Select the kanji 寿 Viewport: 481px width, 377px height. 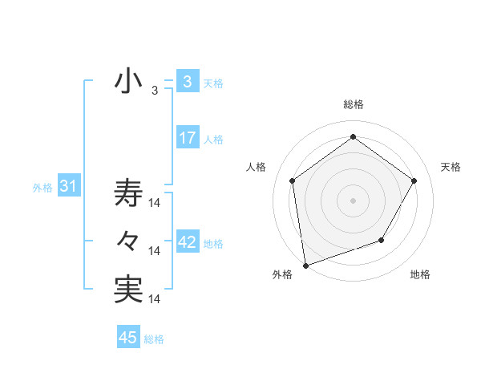(x=128, y=194)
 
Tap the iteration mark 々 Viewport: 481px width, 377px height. (x=128, y=241)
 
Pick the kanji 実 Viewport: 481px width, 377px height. (x=128, y=289)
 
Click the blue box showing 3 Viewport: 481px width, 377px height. (x=187, y=82)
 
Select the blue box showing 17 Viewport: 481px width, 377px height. (x=187, y=138)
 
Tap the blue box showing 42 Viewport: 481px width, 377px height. (x=187, y=242)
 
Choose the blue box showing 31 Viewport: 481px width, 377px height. (x=68, y=187)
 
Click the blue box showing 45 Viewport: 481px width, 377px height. (x=127, y=338)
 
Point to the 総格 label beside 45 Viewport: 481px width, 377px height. (x=154, y=339)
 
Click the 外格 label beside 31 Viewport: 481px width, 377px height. (x=42, y=188)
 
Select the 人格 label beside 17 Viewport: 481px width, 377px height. (x=213, y=140)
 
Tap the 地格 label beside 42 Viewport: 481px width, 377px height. (x=213, y=244)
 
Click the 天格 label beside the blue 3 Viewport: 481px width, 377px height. (x=213, y=83)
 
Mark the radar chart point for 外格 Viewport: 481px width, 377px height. (x=305, y=265)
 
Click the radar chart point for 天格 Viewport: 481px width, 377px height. (x=414, y=180)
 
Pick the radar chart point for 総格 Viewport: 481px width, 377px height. (x=353, y=137)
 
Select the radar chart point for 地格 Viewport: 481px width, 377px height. (x=382, y=240)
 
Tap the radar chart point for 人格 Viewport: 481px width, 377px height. (x=293, y=180)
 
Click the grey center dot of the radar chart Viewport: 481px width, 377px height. (x=353, y=200)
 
